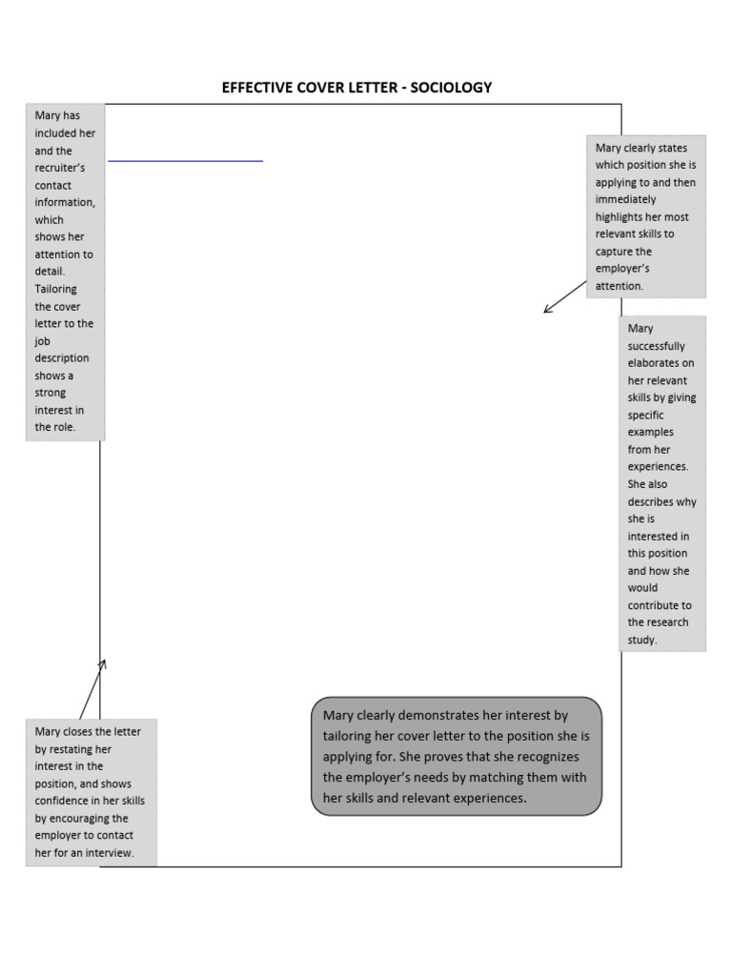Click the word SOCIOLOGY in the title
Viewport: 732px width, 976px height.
pyautogui.click(x=451, y=88)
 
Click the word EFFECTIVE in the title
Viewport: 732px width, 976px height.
pyautogui.click(x=255, y=88)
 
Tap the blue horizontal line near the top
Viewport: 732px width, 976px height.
pyautogui.click(x=185, y=162)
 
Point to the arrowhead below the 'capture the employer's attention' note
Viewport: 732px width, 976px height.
pyautogui.click(x=546, y=310)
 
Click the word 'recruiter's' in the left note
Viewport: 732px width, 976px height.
pyautogui.click(x=60, y=168)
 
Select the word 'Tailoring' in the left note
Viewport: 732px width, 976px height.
pyautogui.click(x=56, y=289)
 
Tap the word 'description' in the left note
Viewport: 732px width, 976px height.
pyautogui.click(x=62, y=358)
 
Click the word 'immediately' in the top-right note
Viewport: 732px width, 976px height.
pyautogui.click(x=625, y=200)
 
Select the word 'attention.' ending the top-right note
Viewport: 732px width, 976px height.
pyautogui.click(x=620, y=286)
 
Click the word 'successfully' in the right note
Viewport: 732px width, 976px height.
pyautogui.click(x=656, y=346)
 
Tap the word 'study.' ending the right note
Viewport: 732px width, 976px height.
pyautogui.click(x=642, y=640)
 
